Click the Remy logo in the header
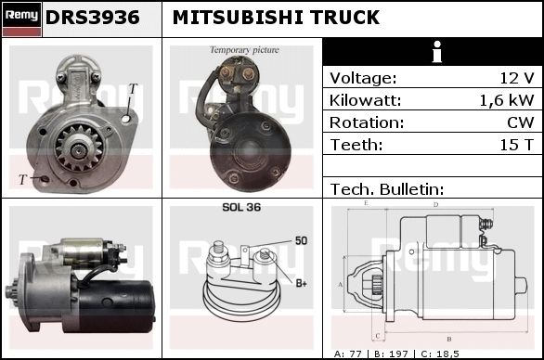(22, 19)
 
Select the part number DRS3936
(92, 18)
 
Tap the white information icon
(437, 52)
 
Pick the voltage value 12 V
(516, 78)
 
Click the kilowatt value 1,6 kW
(507, 100)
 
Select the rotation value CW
(521, 122)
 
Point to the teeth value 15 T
(516, 145)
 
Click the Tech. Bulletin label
(387, 189)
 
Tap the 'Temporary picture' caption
(244, 50)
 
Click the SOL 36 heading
(241, 207)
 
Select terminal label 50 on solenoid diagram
(301, 240)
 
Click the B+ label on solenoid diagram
(301, 283)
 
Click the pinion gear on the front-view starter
(80, 148)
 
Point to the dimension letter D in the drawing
(435, 205)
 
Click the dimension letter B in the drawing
(449, 339)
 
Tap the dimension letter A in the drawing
(341, 285)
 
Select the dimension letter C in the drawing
(378, 336)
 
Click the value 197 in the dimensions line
(398, 354)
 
